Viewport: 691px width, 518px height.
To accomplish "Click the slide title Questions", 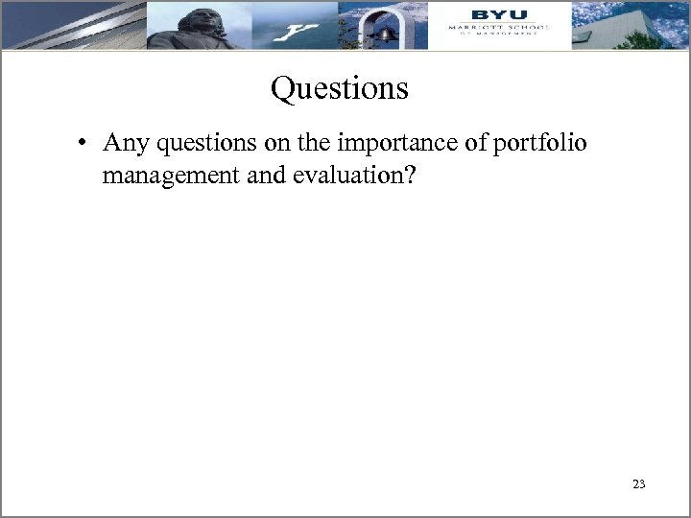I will tap(340, 89).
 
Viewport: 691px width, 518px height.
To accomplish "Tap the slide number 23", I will tap(638, 484).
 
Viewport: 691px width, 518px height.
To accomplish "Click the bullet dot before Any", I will tap(85, 145).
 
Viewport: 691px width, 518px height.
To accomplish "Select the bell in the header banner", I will tap(386, 34).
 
